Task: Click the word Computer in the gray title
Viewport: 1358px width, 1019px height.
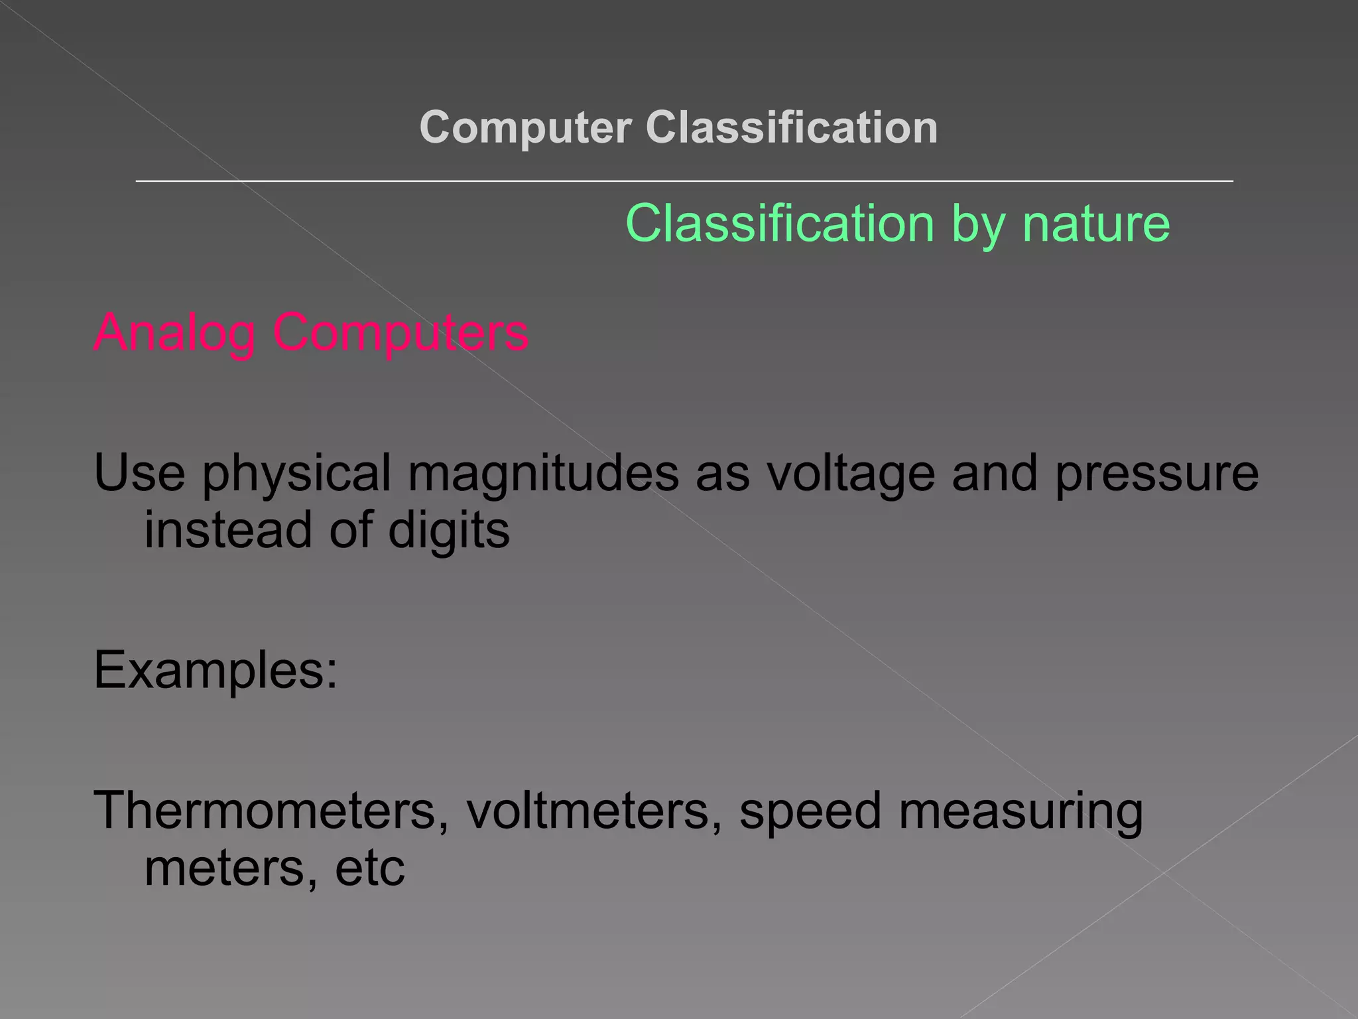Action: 525,127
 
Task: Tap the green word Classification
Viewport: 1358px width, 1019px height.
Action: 780,224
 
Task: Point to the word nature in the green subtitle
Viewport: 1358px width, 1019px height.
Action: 1096,224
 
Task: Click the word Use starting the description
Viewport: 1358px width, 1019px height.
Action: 139,472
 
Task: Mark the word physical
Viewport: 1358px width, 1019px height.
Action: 296,474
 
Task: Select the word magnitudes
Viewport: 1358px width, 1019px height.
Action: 543,474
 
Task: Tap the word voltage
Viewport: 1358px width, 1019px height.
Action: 851,474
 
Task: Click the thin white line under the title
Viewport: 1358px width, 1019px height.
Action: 684,180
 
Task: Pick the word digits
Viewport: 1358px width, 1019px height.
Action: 449,531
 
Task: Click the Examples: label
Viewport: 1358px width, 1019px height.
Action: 216,670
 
